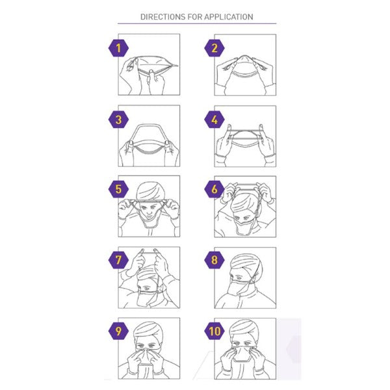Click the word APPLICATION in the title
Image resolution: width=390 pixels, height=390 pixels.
click(228, 17)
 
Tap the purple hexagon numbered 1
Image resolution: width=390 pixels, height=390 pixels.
click(118, 47)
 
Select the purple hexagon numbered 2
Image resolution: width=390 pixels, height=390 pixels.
click(215, 47)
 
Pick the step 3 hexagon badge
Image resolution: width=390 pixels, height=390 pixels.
click(118, 119)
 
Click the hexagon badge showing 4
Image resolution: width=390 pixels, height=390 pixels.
click(215, 119)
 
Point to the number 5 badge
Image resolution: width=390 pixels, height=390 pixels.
click(118, 190)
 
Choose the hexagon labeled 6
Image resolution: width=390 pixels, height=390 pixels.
click(215, 190)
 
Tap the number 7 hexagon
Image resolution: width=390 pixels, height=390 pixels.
click(118, 261)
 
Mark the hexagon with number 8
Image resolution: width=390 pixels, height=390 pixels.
click(215, 261)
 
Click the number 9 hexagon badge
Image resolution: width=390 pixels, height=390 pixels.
click(118, 331)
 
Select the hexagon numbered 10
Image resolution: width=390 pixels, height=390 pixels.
click(215, 331)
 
